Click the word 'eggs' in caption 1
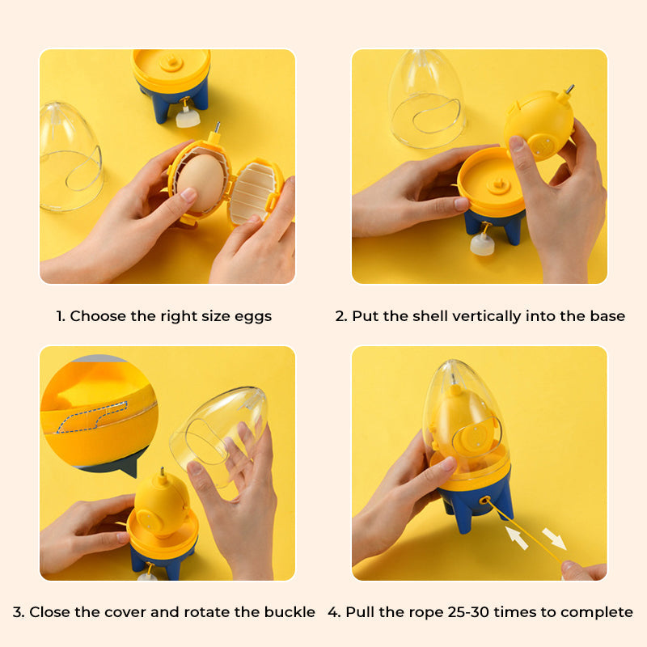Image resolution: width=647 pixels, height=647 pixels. click(x=253, y=316)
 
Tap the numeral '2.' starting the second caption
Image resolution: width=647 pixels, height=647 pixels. click(x=341, y=316)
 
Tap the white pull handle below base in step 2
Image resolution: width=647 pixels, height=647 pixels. click(x=483, y=245)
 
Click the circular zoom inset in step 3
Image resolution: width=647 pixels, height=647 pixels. click(x=98, y=409)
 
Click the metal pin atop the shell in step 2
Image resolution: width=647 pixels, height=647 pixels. click(x=569, y=90)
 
